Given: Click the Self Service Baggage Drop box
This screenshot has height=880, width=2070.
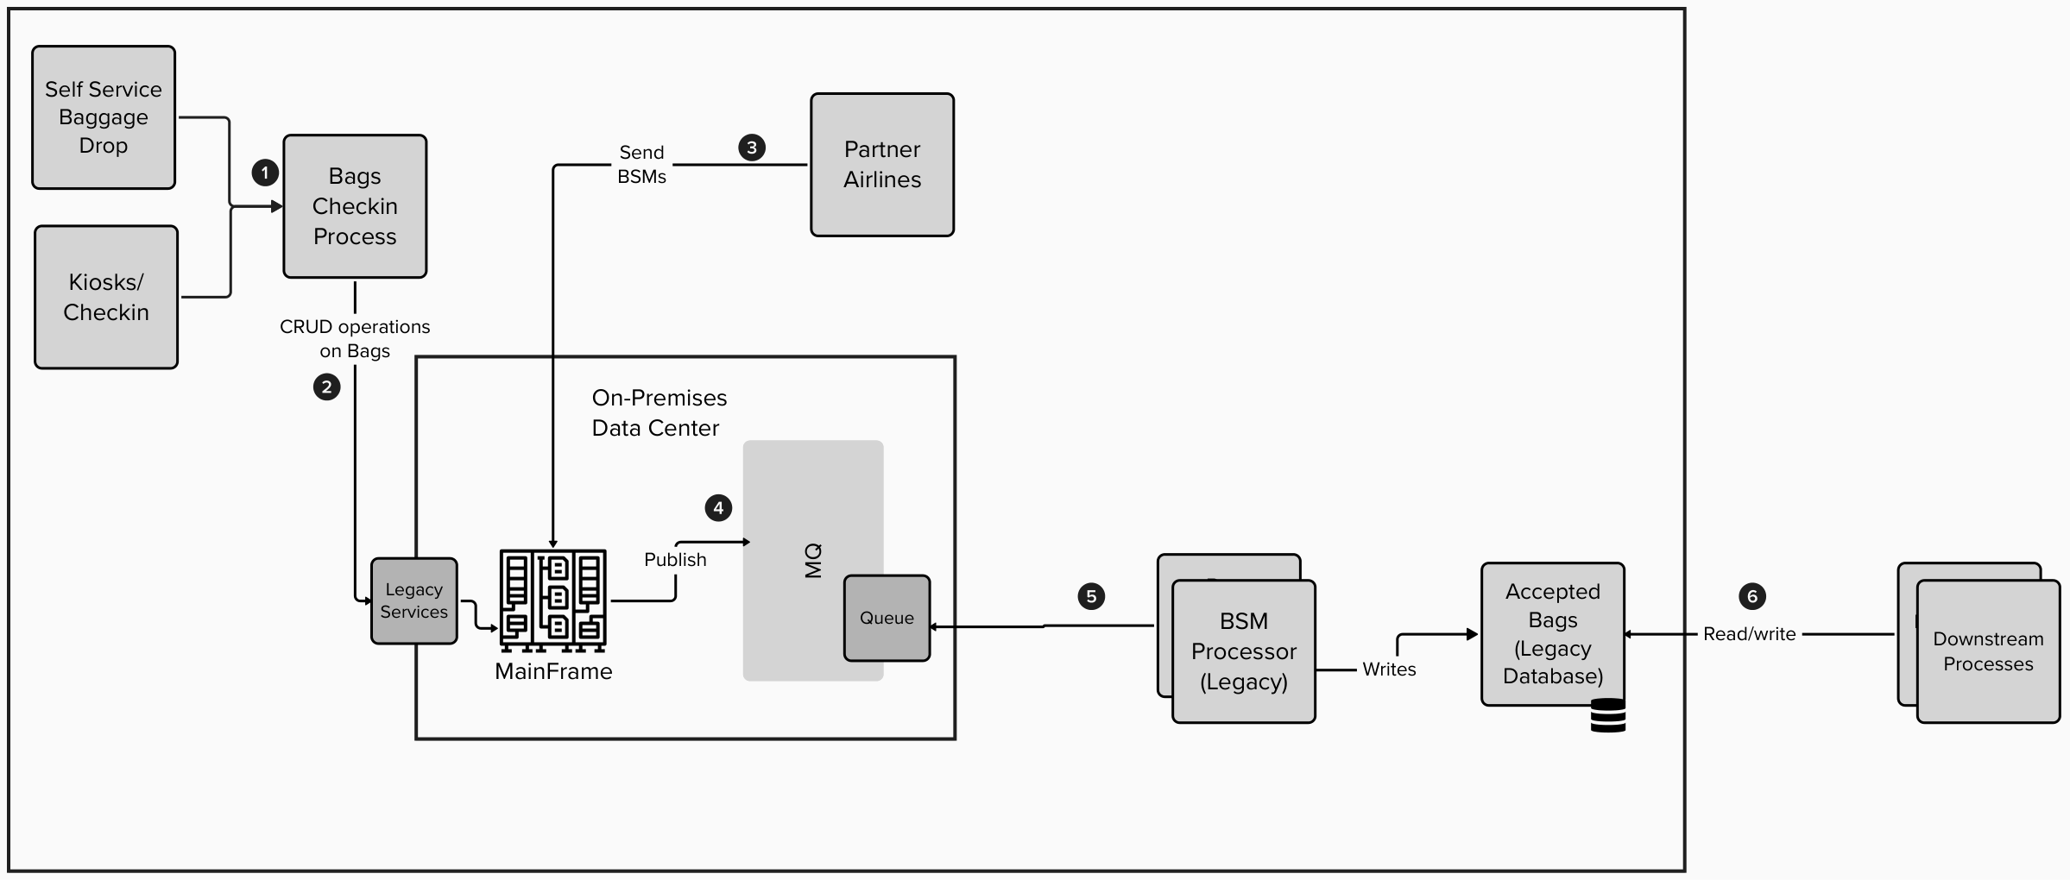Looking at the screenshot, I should (x=104, y=117).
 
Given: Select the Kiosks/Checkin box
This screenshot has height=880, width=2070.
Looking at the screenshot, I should (x=106, y=297).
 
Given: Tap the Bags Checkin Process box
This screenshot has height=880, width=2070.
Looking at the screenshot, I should (x=355, y=206).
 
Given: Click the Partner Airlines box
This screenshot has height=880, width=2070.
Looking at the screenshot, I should (x=882, y=165).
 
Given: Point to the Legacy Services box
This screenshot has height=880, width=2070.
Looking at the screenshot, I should (x=414, y=600).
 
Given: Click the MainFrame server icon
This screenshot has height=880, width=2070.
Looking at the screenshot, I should (x=553, y=600).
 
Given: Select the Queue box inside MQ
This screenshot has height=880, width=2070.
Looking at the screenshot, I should (x=887, y=618).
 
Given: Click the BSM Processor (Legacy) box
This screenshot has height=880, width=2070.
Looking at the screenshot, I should (x=1244, y=651).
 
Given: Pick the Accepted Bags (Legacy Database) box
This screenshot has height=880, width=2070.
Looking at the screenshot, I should (x=1553, y=634).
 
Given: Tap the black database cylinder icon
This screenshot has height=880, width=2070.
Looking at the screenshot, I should (x=1608, y=716).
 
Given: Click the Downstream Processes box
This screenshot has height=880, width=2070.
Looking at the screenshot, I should (x=1988, y=651).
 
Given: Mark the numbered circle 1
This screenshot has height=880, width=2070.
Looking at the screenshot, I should (x=265, y=173).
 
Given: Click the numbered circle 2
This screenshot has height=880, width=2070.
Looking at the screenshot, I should (x=326, y=387).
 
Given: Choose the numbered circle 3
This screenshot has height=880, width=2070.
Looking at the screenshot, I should (x=752, y=148).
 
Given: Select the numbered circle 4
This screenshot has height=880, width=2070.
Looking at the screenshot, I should (x=718, y=508).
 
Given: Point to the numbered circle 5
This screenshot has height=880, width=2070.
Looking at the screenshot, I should (x=1091, y=596).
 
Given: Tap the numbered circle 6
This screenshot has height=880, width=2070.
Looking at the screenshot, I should (x=1752, y=596).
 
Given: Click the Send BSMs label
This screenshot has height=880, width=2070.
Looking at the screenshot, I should (x=641, y=164).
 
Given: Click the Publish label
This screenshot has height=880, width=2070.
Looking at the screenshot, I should (x=675, y=560).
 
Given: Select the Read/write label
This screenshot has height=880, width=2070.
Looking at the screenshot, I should (x=1749, y=634).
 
